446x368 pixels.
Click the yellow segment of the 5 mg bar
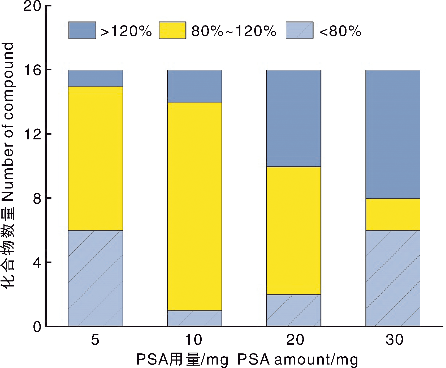click(96, 158)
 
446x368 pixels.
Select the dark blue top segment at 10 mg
click(194, 86)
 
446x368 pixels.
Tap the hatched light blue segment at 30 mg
click(393, 278)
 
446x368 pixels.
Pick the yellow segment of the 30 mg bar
click(393, 215)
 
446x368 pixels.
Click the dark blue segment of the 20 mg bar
click(293, 118)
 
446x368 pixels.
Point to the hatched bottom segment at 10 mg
click(194, 318)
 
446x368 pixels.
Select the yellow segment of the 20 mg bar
click(293, 230)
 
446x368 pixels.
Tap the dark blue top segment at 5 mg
click(96, 78)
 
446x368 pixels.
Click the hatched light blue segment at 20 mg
click(293, 310)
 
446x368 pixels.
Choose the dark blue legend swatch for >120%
click(82, 31)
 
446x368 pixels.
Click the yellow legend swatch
click(172, 31)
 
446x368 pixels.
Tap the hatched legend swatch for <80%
click(300, 31)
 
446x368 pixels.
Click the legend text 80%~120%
click(234, 31)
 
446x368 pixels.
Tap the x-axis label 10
click(193, 340)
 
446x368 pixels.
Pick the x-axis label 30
click(394, 340)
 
